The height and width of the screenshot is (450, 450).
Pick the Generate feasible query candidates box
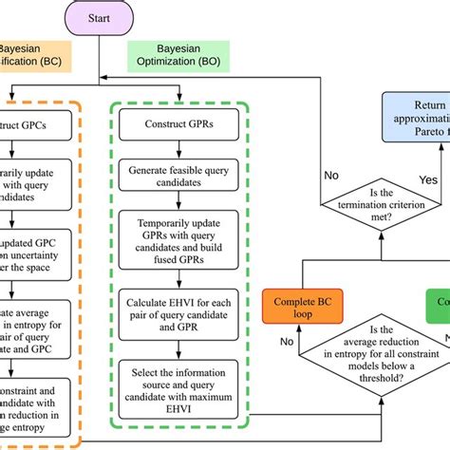pyautogui.click(x=179, y=178)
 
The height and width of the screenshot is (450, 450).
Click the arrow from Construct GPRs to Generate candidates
pyautogui.click(x=179, y=150)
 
